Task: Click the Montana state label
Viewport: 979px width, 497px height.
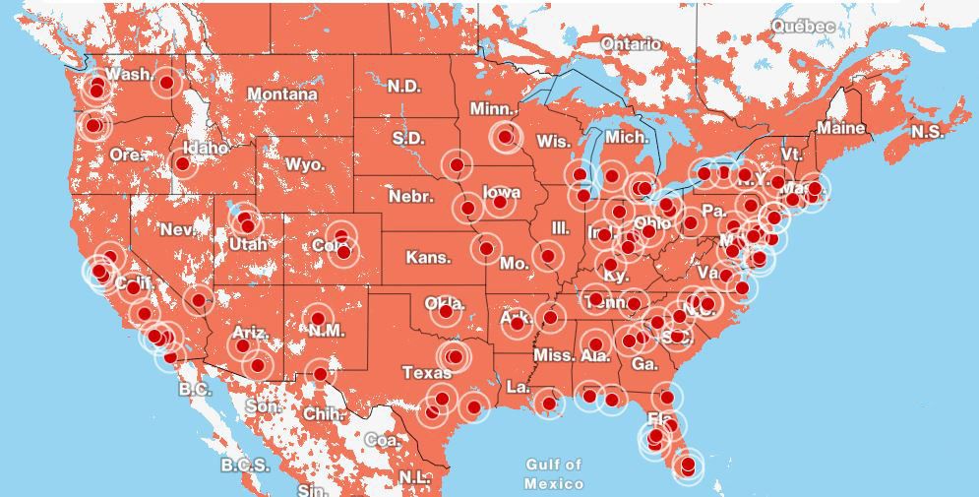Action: point(281,94)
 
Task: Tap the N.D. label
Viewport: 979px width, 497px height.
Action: point(403,87)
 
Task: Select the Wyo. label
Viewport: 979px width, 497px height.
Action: point(305,164)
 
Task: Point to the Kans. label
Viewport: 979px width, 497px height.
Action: point(429,258)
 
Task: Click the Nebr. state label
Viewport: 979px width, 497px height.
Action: point(410,197)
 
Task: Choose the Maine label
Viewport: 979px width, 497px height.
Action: point(841,128)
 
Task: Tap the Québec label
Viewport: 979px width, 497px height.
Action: point(803,26)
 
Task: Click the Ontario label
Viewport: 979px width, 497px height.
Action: point(631,44)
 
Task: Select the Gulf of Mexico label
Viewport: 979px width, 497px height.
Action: point(553,473)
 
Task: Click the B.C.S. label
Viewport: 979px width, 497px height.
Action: point(245,465)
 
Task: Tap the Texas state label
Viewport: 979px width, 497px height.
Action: point(427,373)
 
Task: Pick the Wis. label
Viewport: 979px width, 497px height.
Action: point(553,142)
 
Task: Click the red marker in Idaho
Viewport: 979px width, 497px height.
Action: point(182,162)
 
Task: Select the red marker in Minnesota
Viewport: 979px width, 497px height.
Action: point(506,137)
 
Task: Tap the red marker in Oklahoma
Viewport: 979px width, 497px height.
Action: point(446,311)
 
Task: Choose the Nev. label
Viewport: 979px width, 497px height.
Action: point(177,229)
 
